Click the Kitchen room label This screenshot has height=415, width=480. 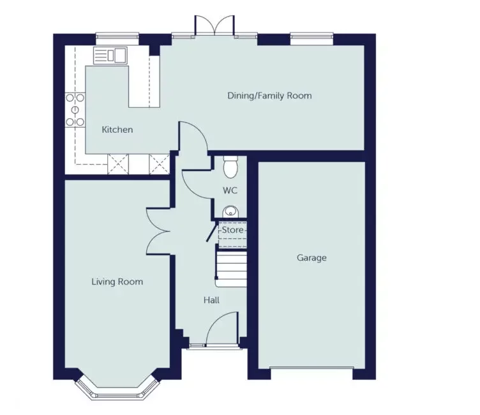point(117,130)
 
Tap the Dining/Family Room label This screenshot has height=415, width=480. point(269,96)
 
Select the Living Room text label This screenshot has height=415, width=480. point(117,282)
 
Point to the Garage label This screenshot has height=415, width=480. point(311,258)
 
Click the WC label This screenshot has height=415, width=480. point(230,190)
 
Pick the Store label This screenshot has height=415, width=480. point(233,229)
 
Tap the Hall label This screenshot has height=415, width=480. point(212,299)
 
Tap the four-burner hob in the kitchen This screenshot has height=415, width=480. point(75,109)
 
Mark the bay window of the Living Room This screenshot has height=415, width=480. point(117,388)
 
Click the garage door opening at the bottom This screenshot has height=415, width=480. point(311,368)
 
